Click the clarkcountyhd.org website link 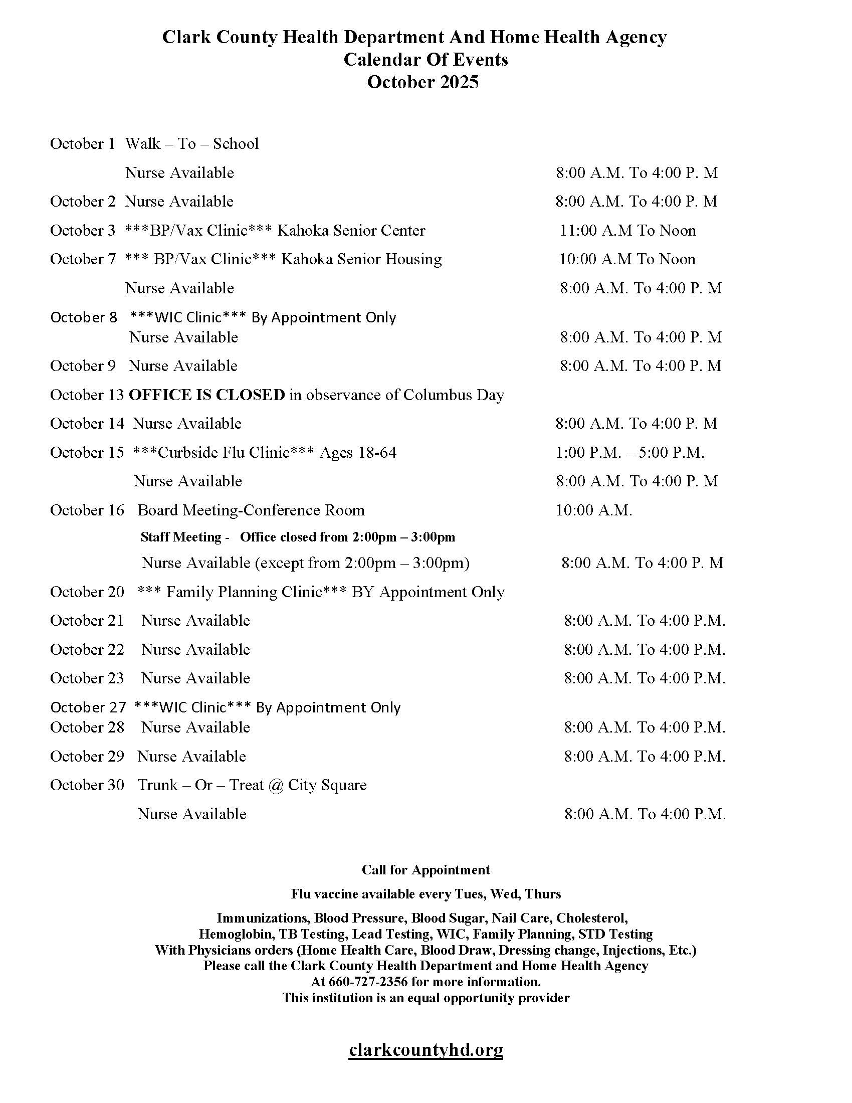click(425, 1049)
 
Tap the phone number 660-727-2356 click(368, 982)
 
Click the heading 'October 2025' click(422, 82)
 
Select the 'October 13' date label click(87, 395)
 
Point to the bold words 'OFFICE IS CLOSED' click(207, 395)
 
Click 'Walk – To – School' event click(192, 144)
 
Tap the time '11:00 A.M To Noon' click(627, 231)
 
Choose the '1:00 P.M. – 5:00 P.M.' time click(630, 453)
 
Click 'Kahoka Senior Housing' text click(361, 259)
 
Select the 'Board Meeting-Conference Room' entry click(251, 510)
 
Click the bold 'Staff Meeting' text click(181, 537)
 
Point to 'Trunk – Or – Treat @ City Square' click(252, 785)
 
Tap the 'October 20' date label click(87, 592)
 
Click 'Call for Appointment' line click(425, 870)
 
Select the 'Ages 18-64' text click(358, 453)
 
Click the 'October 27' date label click(88, 707)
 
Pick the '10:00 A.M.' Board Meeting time click(593, 510)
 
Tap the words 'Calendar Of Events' click(425, 60)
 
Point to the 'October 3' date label click(83, 231)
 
